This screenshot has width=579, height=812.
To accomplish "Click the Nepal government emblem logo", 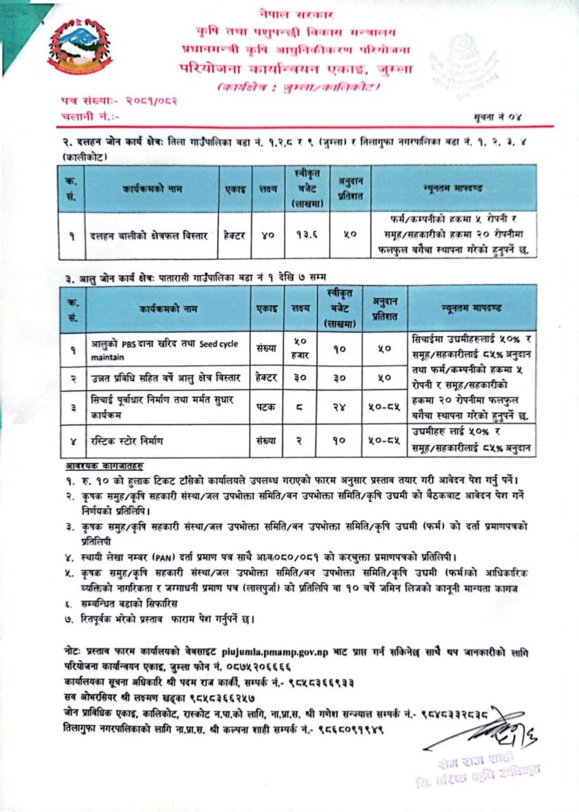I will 79,46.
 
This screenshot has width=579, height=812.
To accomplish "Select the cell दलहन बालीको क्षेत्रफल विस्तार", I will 151,236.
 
